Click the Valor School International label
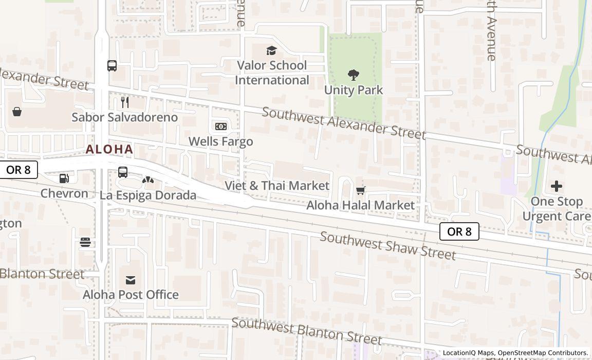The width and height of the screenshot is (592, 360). coord(272,73)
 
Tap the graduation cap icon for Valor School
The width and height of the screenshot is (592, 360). coord(271,50)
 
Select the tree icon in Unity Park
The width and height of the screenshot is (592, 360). coord(354,75)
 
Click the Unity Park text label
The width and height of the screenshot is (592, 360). coord(354,90)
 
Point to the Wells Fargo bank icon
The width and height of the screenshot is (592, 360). coord(220,127)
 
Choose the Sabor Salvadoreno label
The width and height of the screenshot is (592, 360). coord(124,117)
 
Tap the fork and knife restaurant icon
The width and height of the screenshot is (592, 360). coord(124,102)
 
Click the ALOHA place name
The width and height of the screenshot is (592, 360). coord(109,150)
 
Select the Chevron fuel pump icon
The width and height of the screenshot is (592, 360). coord(64,178)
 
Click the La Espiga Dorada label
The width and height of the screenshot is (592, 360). coord(148,195)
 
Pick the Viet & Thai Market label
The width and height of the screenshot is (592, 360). coord(277,186)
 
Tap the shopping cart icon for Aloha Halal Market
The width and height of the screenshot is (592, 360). coord(361,191)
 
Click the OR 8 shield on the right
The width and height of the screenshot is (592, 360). coord(459,231)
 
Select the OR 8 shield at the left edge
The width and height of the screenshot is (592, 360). coord(18,170)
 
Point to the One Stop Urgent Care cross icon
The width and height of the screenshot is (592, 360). coord(556,186)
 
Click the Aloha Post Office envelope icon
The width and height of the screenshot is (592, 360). coord(131,280)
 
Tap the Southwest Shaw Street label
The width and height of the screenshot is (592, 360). coord(387,245)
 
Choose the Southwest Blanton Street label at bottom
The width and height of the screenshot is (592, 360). coord(307,331)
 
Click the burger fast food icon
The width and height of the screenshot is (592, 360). coord(85,242)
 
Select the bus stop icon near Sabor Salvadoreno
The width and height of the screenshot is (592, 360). coord(112,66)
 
